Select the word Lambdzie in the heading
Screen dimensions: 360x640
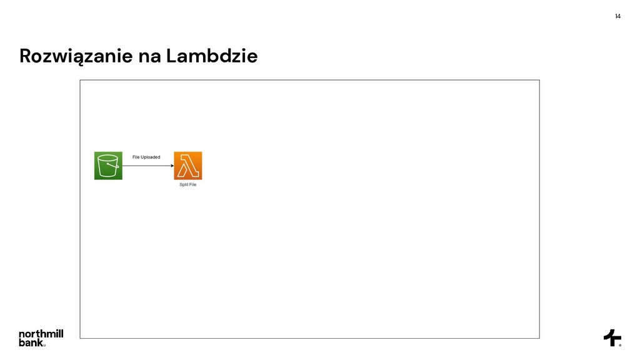pos(212,57)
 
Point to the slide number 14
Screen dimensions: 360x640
pos(617,16)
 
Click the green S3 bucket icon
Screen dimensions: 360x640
pos(108,166)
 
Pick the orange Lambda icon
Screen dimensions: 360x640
pos(188,166)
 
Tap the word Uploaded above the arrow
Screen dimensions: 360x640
pos(151,157)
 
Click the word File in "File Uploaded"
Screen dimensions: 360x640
pos(136,157)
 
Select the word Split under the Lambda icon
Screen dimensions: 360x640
pos(184,184)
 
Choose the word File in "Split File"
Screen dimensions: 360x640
pos(192,184)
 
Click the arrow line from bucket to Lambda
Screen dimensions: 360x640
pos(147,166)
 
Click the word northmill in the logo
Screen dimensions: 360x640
pos(41,334)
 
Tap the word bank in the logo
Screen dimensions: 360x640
pos(31,342)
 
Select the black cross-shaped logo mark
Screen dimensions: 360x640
pos(612,337)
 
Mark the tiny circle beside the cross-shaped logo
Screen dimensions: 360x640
pos(620,344)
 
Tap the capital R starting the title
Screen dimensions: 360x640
pos(26,57)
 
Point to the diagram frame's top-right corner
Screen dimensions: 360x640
pos(539,80)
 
